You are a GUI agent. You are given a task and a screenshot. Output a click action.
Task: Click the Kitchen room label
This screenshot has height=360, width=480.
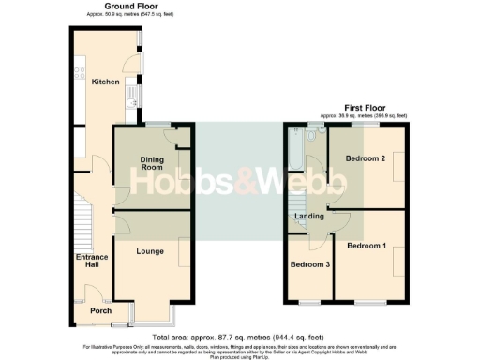click(105, 82)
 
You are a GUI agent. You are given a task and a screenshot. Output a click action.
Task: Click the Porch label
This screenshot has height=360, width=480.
click(100, 310)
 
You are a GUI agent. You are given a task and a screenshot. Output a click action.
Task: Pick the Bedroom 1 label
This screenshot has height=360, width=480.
click(366, 246)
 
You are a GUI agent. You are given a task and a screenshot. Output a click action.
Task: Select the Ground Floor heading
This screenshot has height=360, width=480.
click(102, 7)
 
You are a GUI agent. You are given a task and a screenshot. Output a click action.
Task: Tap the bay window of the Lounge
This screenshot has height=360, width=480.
click(151, 309)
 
